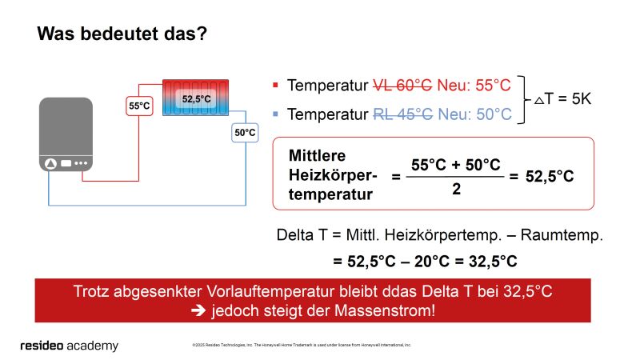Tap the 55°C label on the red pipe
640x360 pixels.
coord(139,106)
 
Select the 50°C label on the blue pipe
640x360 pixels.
coord(245,132)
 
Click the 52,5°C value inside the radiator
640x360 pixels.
coord(196,99)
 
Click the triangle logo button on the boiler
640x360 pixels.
coord(52,163)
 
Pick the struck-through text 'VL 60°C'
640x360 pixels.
coord(403,85)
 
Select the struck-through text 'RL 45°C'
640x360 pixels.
coord(403,114)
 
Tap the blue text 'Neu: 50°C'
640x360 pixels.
coord(474,114)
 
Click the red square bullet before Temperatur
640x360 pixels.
coord(275,84)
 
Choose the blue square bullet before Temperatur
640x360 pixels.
coord(275,114)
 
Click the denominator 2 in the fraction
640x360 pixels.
coord(455,189)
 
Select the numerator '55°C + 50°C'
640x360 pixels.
coord(455,165)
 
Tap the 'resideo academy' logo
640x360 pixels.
coord(69,346)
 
